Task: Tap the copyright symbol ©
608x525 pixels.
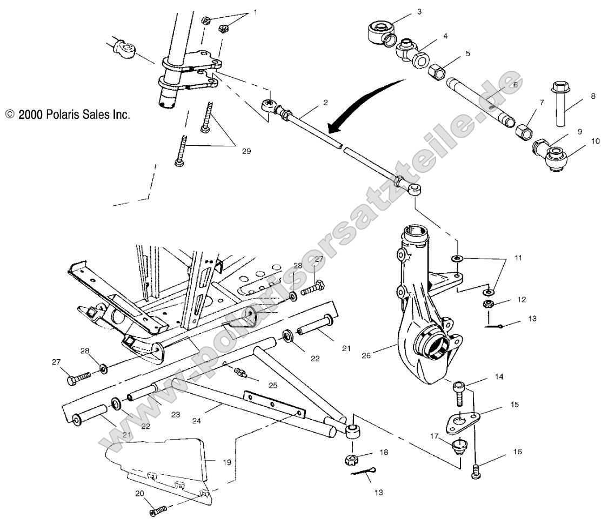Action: [10, 115]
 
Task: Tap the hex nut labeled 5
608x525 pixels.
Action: [436, 70]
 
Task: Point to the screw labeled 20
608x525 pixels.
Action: [155, 508]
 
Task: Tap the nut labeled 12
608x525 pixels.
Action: [488, 304]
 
